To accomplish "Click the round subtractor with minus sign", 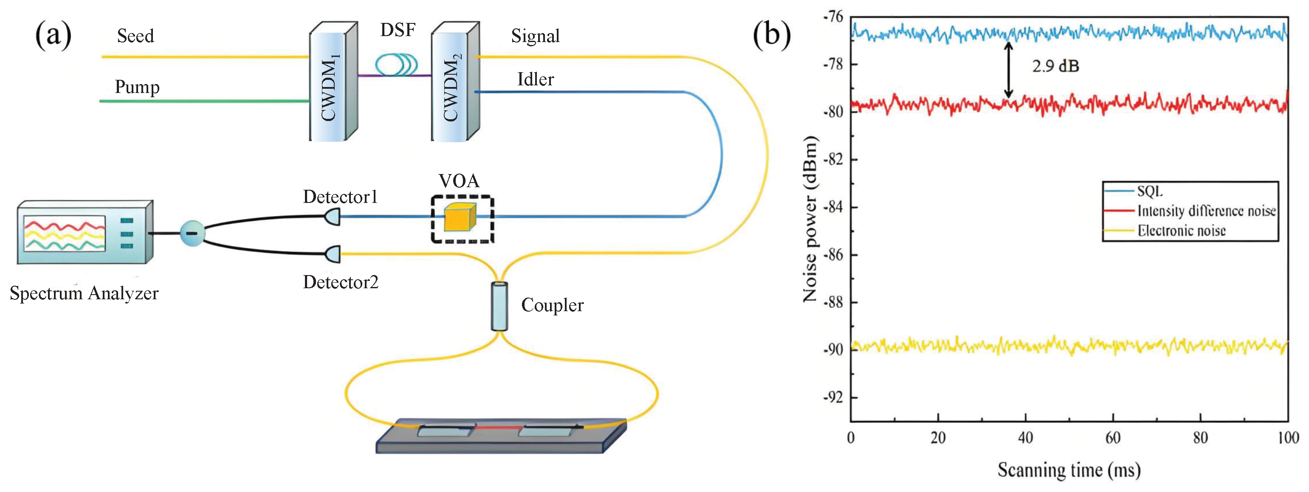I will (x=192, y=233).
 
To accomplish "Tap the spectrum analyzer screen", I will (x=65, y=233).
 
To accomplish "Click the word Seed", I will (x=135, y=36).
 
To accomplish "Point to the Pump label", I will (x=137, y=87).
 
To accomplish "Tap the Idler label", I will (x=535, y=79).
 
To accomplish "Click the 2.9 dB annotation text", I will (x=1055, y=66).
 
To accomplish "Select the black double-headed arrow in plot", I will (x=1009, y=70).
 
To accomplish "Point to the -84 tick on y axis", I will (x=833, y=207).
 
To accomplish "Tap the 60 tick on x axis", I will (x=1113, y=438).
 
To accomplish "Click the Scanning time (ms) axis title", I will (x=1069, y=470).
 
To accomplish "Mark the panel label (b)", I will (x=771, y=36).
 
